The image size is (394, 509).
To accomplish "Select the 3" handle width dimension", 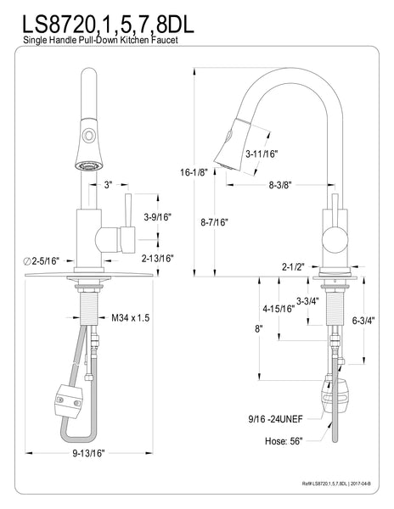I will pos(109,184).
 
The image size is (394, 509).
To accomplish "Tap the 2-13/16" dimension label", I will pos(157,258).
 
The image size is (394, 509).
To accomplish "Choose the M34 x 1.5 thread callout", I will pos(131,318).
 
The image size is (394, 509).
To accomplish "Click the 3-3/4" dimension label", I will pos(307,299).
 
